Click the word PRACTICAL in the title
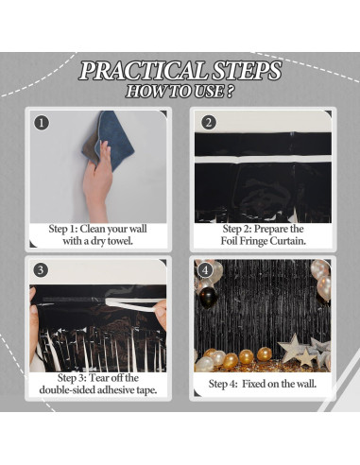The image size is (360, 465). tap(143, 70)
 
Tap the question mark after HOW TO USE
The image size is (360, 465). tap(230, 92)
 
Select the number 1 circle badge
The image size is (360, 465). tap(42, 123)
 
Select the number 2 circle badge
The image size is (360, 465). tap(208, 122)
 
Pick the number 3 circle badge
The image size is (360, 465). tap(41, 270)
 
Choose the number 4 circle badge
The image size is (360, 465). tap(205, 270)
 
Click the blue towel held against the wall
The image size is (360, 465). tap(115, 139)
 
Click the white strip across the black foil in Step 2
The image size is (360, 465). tap(263, 159)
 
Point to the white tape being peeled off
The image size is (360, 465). tap(132, 304)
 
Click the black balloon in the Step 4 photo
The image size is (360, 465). tap(208, 298)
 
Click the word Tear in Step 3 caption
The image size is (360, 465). tap(99, 378)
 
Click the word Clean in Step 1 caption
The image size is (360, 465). tap(92, 229)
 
